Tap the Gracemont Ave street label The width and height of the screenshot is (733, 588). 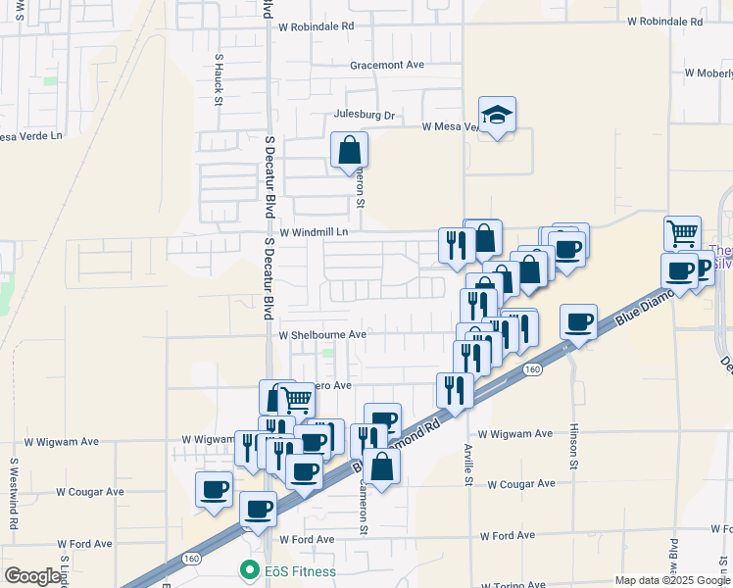pyautogui.click(x=387, y=65)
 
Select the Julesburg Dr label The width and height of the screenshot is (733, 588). pyautogui.click(x=364, y=115)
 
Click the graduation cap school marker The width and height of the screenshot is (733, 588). pyautogui.click(x=498, y=116)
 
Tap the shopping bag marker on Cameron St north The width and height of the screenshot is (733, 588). pyautogui.click(x=349, y=151)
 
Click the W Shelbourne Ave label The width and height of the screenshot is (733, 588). pyautogui.click(x=322, y=334)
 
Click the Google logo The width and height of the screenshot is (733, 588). pyautogui.click(x=33, y=576)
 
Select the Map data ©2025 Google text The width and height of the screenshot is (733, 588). pyautogui.click(x=671, y=580)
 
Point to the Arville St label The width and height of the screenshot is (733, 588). pyautogui.click(x=467, y=468)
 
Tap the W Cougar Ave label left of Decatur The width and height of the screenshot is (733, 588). pyautogui.click(x=90, y=491)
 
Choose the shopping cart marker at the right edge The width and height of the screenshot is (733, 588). pyautogui.click(x=682, y=234)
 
